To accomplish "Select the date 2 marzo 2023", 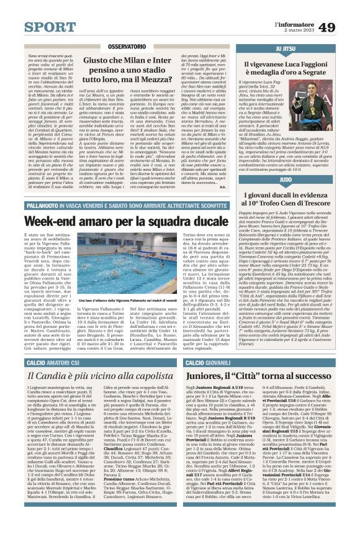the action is pyautogui.click(x=295, y=30).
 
